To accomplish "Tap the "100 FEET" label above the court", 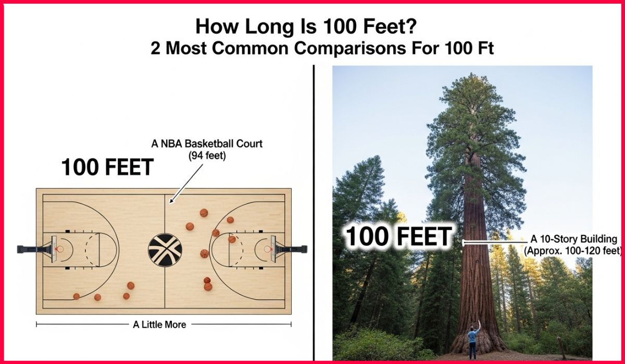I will pyautogui.click(x=107, y=167).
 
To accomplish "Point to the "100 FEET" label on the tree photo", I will pyautogui.click(x=398, y=237).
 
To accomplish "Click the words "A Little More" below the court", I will pyautogui.click(x=159, y=324).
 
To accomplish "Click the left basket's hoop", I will pyautogui.click(x=59, y=249).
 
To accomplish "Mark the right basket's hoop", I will pyautogui.click(x=269, y=249).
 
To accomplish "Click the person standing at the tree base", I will pyautogui.click(x=473, y=341).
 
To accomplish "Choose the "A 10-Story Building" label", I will pyautogui.click(x=573, y=239).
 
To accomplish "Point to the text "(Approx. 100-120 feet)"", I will pyautogui.click(x=572, y=251).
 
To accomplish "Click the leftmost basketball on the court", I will pyautogui.click(x=77, y=296).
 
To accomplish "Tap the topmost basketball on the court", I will pyautogui.click(x=204, y=213).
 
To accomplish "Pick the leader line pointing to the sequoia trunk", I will pyautogui.click(x=495, y=242).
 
